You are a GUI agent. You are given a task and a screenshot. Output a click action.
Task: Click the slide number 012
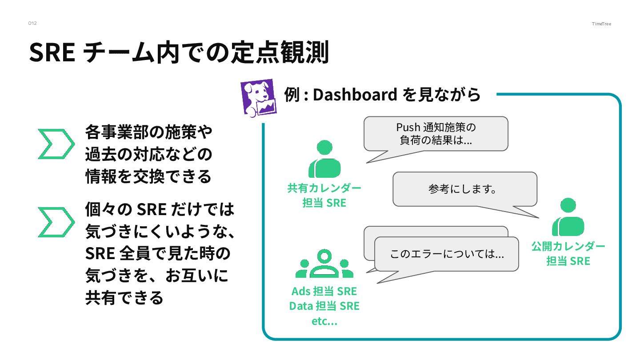[x=32, y=23]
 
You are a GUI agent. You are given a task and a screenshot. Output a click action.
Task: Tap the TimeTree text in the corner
[x=601, y=24]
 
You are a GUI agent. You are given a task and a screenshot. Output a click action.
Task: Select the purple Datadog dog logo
[x=258, y=98]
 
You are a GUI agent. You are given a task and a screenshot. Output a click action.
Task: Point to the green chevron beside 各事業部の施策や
[x=56, y=144]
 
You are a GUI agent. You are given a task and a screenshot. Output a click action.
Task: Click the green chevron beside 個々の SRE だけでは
[x=56, y=221]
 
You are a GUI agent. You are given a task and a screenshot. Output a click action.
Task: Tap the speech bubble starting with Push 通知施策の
[x=436, y=134]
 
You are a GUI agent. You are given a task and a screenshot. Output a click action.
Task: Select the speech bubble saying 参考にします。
[x=464, y=189]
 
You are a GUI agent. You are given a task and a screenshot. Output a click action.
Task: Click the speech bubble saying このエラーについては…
[x=447, y=254]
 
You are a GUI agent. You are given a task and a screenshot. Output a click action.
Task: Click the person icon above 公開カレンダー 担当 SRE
[x=568, y=217]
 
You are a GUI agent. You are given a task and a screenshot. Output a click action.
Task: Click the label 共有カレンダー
[x=324, y=188]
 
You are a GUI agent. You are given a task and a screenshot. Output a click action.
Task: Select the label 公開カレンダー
[x=568, y=246]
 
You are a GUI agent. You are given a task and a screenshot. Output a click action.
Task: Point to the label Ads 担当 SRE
[x=324, y=292]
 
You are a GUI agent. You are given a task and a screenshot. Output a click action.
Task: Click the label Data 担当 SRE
[x=324, y=306]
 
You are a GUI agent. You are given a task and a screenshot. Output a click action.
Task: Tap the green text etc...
[x=324, y=321]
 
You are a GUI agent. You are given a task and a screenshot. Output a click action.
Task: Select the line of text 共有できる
[x=124, y=297]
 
